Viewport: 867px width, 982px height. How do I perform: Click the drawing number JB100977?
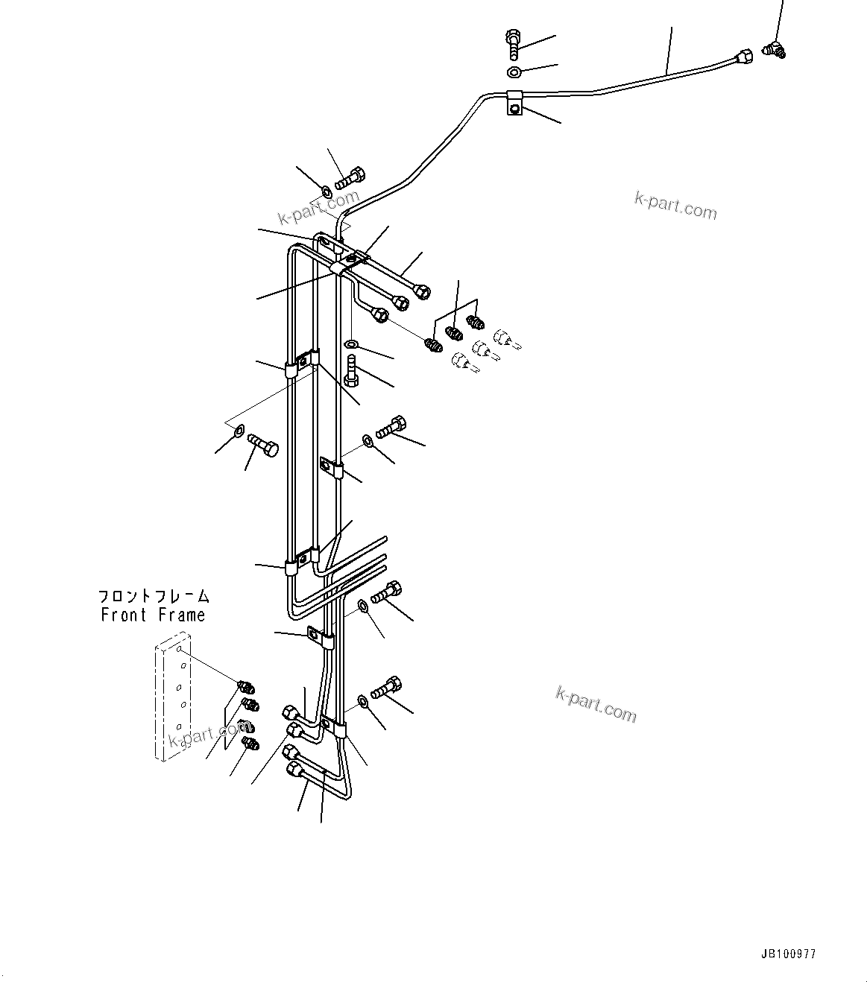pyautogui.click(x=788, y=953)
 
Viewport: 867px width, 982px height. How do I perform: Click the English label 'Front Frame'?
pyautogui.click(x=153, y=615)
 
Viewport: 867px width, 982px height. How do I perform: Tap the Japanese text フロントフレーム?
pyautogui.click(x=154, y=597)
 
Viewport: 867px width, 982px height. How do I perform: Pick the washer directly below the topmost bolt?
pyautogui.click(x=514, y=72)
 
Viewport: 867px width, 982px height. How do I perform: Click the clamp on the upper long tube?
pyautogui.click(x=515, y=102)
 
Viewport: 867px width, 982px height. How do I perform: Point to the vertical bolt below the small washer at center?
pyautogui.click(x=353, y=370)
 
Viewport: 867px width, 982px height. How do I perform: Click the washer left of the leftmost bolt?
pyautogui.click(x=238, y=430)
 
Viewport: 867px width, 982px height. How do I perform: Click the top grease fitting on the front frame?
pyautogui.click(x=245, y=686)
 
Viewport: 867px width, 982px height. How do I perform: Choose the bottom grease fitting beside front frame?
pyautogui.click(x=250, y=742)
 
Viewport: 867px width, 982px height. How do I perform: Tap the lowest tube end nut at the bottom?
pyautogui.click(x=292, y=769)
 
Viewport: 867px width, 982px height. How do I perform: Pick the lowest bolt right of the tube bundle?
pyautogui.click(x=385, y=687)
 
